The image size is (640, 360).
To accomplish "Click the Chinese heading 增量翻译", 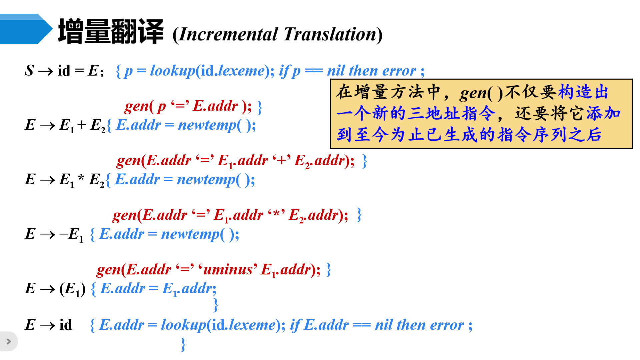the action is click(x=111, y=31).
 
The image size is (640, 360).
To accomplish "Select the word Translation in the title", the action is click(x=330, y=34).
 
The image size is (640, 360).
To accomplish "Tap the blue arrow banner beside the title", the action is click(x=26, y=29).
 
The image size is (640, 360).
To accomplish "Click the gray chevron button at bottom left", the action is click(x=9, y=341).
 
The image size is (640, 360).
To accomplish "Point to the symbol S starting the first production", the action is click(x=29, y=71).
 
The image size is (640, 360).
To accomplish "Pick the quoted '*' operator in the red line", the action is click(x=276, y=215).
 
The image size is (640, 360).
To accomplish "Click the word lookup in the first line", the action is click(x=172, y=71).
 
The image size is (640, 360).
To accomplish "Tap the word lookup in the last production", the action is click(x=183, y=325).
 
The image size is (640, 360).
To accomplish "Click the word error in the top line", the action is click(x=399, y=71).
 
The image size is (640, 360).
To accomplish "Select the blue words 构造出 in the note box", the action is click(x=583, y=92).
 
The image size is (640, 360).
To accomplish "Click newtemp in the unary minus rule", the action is click(x=190, y=234).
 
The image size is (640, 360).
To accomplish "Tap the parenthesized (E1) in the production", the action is click(x=72, y=289).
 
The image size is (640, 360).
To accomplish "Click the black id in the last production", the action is click(x=66, y=325).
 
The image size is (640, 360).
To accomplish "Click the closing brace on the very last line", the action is click(x=183, y=344).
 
